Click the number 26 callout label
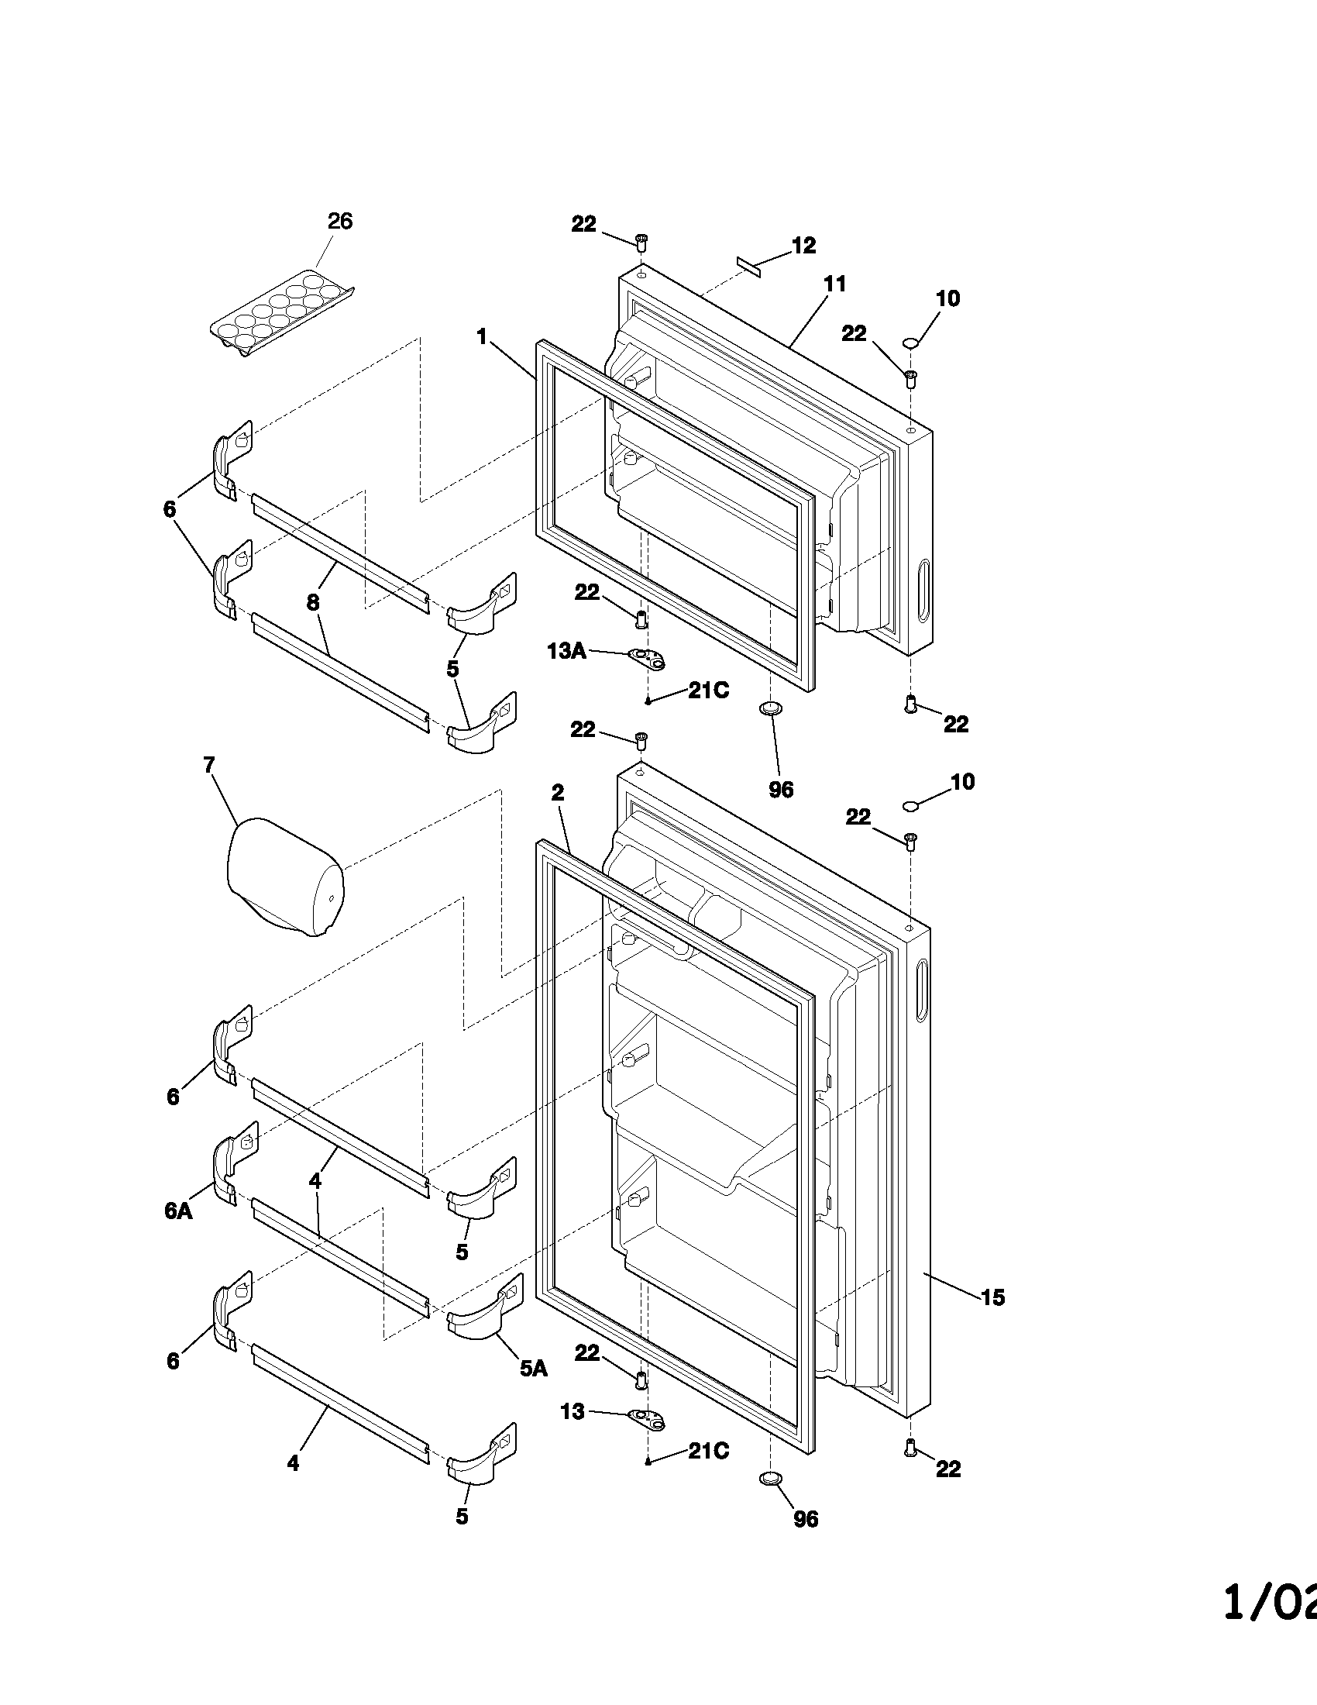tap(339, 222)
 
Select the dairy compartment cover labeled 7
tap(285, 876)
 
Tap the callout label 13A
tap(566, 651)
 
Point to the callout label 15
tap(992, 1297)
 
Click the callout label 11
tap(835, 284)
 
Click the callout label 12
tap(803, 246)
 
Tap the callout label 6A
tap(178, 1211)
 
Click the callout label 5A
tap(534, 1367)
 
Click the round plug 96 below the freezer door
tap(770, 708)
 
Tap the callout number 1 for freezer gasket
tap(482, 337)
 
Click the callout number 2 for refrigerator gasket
tap(557, 793)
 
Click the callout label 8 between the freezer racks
tap(313, 602)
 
